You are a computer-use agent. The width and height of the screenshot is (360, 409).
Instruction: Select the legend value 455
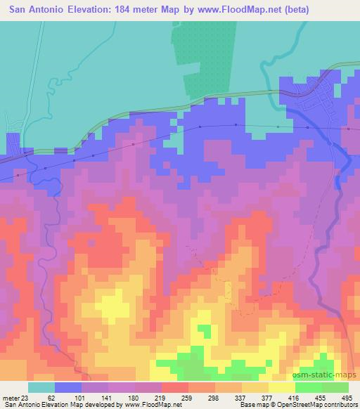(320, 397)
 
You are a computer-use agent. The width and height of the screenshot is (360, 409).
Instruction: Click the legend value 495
(347, 397)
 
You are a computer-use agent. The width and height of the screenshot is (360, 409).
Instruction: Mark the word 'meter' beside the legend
(11, 397)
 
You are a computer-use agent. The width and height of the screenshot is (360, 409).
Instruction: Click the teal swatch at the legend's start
(41, 387)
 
